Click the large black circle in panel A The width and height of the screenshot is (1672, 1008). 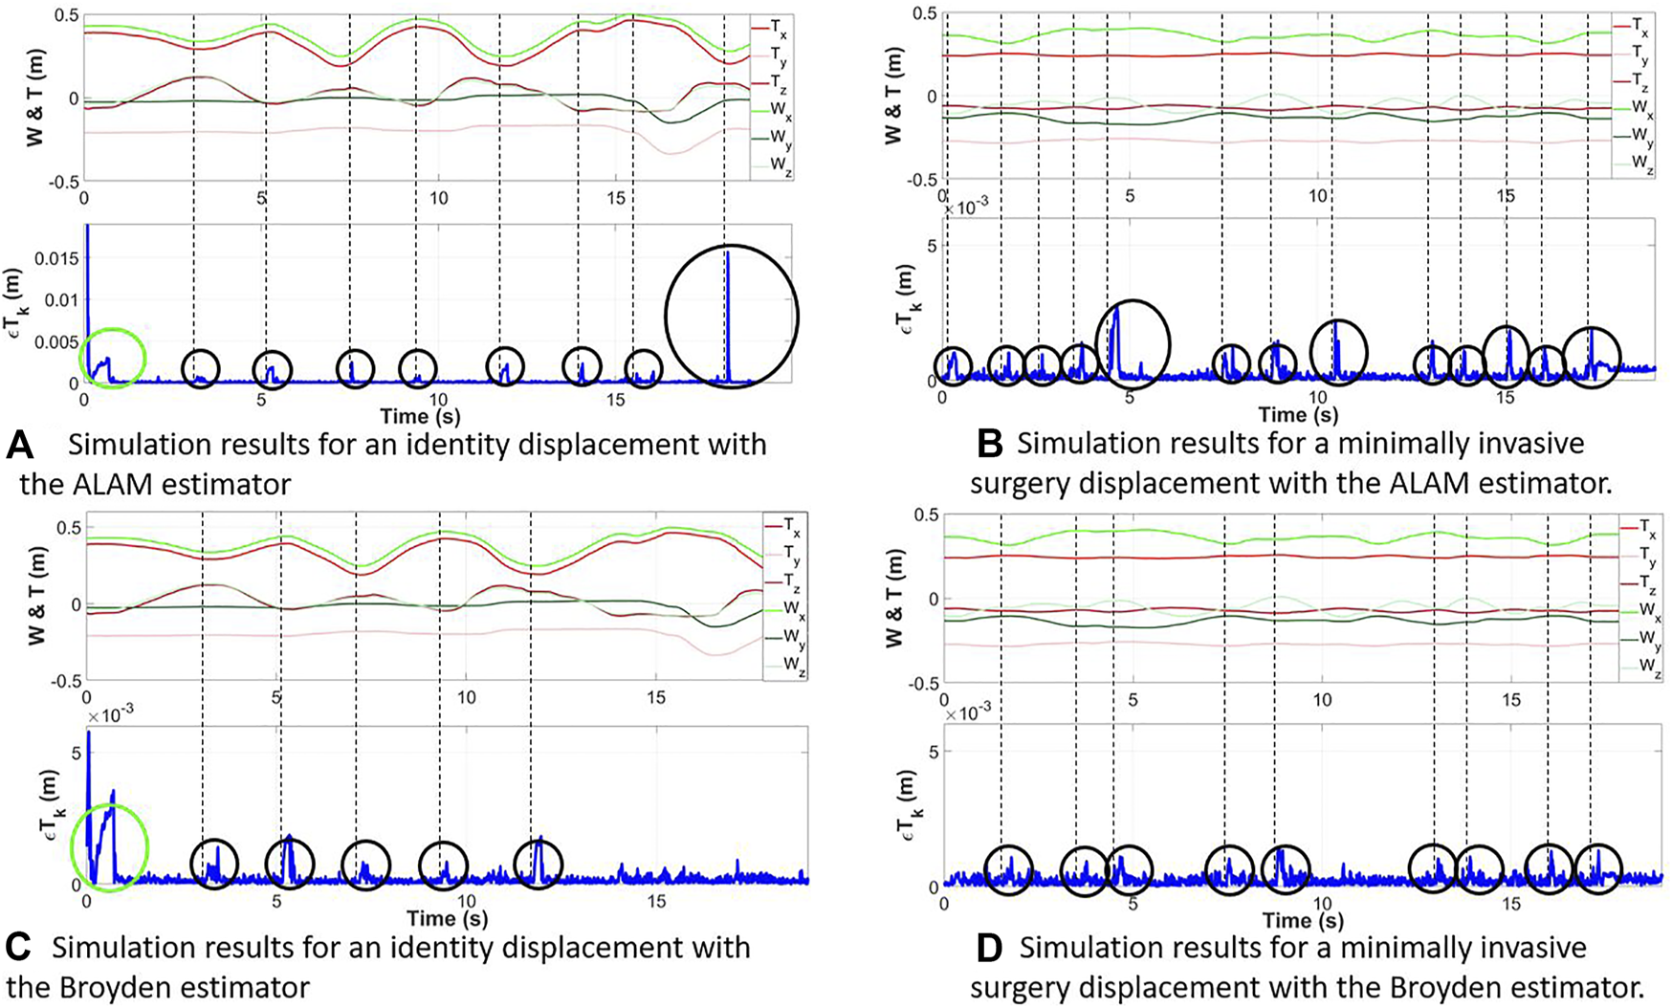click(732, 316)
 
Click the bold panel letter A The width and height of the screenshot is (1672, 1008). click(18, 446)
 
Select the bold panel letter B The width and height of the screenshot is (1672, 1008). click(989, 444)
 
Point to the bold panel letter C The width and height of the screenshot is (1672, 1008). click(18, 948)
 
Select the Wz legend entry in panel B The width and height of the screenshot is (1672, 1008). click(1641, 164)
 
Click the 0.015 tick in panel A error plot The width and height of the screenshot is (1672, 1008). click(55, 260)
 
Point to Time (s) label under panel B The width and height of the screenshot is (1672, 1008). click(1297, 414)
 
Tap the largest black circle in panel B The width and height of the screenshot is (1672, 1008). click(1132, 342)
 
